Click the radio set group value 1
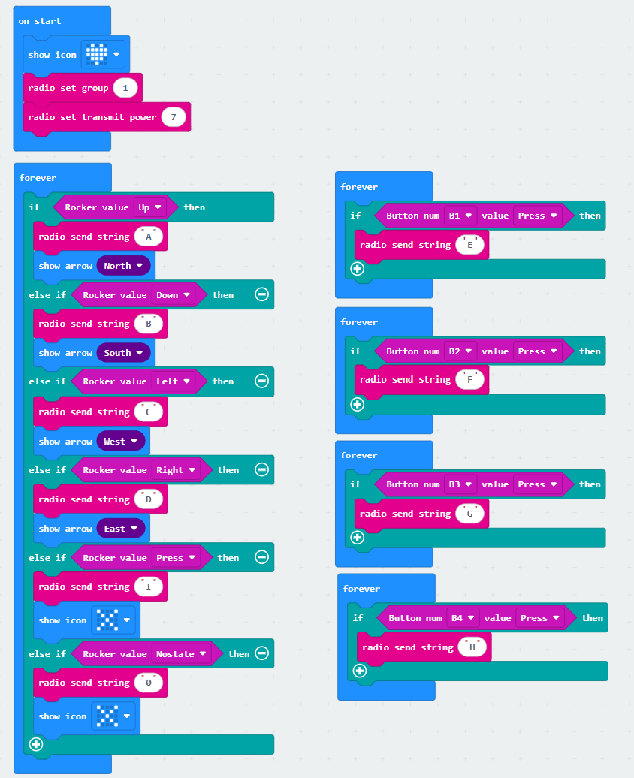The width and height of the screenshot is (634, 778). click(125, 88)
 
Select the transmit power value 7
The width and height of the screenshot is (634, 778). click(174, 117)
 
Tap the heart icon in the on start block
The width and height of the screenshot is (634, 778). click(97, 54)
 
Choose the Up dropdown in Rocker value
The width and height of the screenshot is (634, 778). click(150, 207)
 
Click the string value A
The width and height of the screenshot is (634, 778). click(149, 237)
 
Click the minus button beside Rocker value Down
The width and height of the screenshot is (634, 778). click(261, 294)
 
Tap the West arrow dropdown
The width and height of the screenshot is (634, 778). click(121, 441)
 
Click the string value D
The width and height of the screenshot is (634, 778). click(149, 499)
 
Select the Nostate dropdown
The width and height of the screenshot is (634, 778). click(181, 654)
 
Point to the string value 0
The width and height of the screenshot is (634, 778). click(149, 683)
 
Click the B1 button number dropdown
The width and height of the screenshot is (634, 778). click(460, 216)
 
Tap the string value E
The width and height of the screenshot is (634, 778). click(469, 245)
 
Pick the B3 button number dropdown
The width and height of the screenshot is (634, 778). click(460, 484)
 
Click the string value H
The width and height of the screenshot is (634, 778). click(472, 647)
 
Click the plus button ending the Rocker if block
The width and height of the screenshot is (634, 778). click(36, 744)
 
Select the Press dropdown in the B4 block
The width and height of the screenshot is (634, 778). click(540, 618)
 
